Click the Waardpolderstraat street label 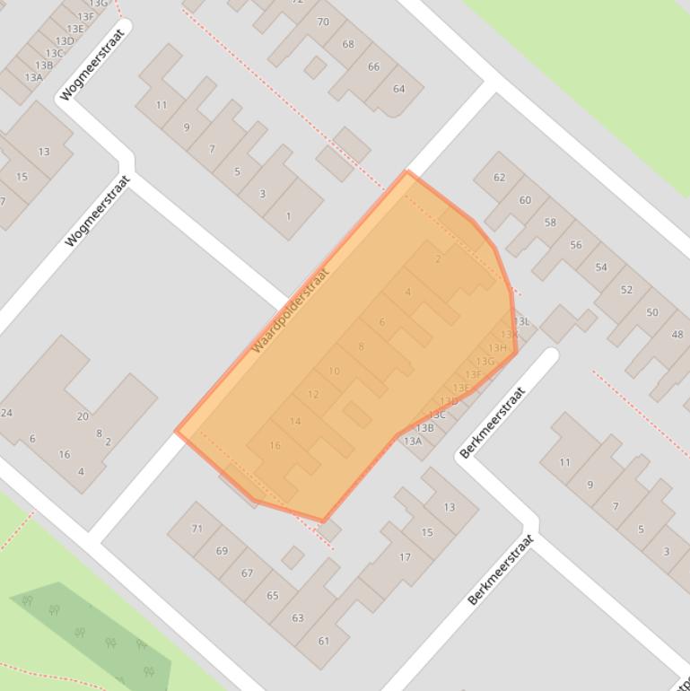coord(291,310)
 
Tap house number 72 coord(298,2)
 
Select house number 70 coord(323,22)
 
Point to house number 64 coord(399,89)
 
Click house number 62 coord(500,178)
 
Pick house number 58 coord(550,223)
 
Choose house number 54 coord(601,267)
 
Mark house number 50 coord(652,312)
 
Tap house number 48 coord(677,335)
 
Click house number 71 coord(197,529)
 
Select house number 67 coord(248,573)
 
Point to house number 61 coord(323,641)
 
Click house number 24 coord(7,413)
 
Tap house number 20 coord(83,416)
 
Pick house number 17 coord(405,557)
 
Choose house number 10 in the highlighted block coord(334,372)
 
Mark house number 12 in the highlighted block coord(313,395)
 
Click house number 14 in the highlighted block coord(295,422)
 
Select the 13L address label coord(522,321)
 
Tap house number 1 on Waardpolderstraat coord(288,216)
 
